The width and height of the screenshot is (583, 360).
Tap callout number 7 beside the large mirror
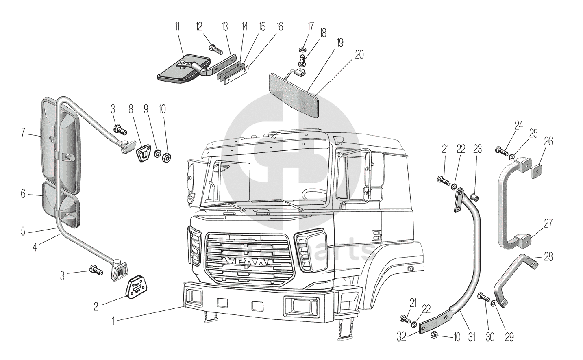click(23, 132)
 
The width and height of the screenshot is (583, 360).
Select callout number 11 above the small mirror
click(176, 28)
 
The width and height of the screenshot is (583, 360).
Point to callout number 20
click(359, 54)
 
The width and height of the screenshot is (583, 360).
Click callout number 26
click(548, 141)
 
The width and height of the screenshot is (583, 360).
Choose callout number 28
click(548, 257)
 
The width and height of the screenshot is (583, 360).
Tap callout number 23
click(477, 149)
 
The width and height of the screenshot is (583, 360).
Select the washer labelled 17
click(302, 49)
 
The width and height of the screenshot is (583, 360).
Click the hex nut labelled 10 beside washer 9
click(166, 156)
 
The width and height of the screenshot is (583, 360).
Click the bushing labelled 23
click(474, 198)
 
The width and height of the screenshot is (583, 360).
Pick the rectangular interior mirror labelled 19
click(294, 94)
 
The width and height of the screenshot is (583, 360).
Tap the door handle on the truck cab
click(377, 234)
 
